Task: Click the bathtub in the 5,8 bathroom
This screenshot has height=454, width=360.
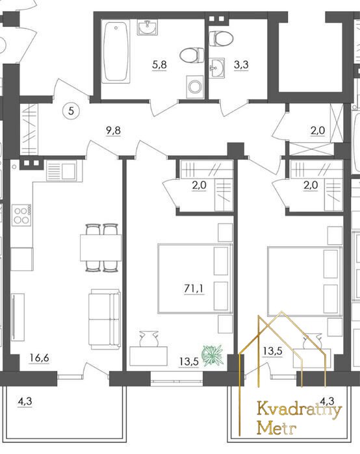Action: (x=116, y=52)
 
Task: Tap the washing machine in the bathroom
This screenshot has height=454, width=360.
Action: (x=195, y=87)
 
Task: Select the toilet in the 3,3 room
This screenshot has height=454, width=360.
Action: (x=221, y=38)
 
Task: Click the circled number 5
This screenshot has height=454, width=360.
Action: (x=71, y=110)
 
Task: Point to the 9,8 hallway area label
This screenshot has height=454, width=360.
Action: (x=113, y=131)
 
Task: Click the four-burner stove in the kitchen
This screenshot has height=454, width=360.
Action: (x=21, y=215)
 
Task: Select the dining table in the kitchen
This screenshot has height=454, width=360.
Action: (x=101, y=247)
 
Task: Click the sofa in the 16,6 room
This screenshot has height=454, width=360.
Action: (x=105, y=319)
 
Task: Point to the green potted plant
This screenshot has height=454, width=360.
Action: (x=213, y=355)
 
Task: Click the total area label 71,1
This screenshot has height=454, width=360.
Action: (x=194, y=288)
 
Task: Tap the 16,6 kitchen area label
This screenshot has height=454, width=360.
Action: (x=40, y=358)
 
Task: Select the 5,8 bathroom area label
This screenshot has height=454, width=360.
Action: (x=160, y=64)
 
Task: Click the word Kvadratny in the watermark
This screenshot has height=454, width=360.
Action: (x=300, y=410)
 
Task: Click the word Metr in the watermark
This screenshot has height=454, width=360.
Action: (x=277, y=428)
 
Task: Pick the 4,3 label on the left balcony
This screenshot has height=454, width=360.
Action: (x=25, y=401)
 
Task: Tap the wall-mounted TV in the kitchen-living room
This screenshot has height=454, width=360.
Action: (x=18, y=316)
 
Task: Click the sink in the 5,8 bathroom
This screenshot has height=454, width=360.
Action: (x=147, y=27)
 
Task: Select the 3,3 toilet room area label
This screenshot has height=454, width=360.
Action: (x=241, y=64)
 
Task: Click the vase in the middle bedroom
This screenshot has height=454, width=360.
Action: (x=149, y=338)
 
